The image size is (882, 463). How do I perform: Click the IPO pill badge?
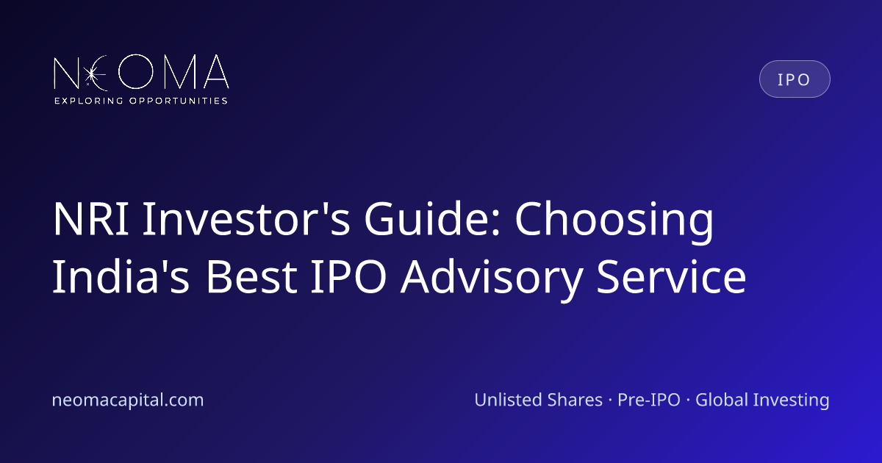coord(795,79)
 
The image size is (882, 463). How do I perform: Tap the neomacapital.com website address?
coord(128,400)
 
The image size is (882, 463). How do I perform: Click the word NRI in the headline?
coord(91,218)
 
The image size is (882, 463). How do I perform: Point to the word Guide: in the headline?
coord(432,218)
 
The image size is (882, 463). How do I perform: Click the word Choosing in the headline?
coord(614,222)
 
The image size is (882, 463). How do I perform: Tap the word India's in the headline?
coord(121,276)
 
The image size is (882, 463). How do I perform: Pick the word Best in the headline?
coord(251,276)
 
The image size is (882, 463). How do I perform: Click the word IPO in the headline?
coord(348,276)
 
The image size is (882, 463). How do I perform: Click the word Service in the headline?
coord(671,276)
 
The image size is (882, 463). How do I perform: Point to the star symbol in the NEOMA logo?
coord(92,73)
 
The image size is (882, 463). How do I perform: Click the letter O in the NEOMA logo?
coord(136,71)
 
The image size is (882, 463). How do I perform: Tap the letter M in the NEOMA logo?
coord(180,71)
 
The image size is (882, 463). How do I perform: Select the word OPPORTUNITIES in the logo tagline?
coord(179,101)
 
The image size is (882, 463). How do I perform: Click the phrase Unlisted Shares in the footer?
coord(538,400)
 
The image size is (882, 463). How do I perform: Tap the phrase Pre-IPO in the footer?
coord(648,400)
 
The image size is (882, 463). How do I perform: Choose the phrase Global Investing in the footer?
coord(762,401)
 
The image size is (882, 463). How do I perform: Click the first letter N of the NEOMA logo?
coord(66,73)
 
